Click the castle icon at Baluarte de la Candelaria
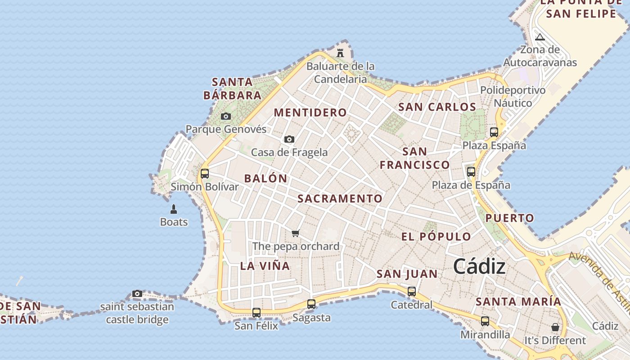click(340, 53)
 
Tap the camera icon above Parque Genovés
click(226, 117)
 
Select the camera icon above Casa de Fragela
click(289, 139)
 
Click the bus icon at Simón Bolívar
click(205, 173)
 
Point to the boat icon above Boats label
click(174, 209)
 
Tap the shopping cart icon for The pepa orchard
click(296, 233)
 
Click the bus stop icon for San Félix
click(256, 312)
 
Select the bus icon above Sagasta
click(311, 304)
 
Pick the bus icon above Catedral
click(412, 292)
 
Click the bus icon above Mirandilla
click(485, 321)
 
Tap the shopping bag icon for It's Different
click(555, 327)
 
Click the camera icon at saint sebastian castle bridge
click(137, 294)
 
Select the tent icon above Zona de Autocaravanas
click(540, 37)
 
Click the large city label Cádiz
click(479, 266)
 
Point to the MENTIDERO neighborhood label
click(310, 112)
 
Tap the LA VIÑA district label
click(265, 266)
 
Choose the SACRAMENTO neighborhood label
click(340, 198)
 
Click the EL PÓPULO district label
click(436, 237)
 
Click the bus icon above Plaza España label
click(494, 132)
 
